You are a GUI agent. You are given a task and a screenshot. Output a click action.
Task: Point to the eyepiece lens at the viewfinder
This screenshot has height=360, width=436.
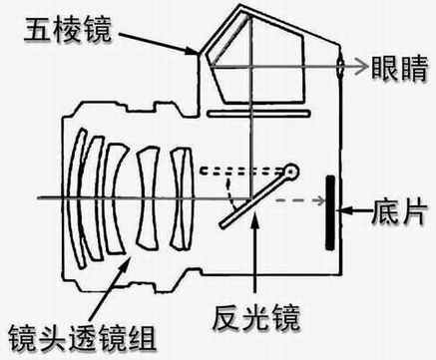pyautogui.click(x=341, y=68)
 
